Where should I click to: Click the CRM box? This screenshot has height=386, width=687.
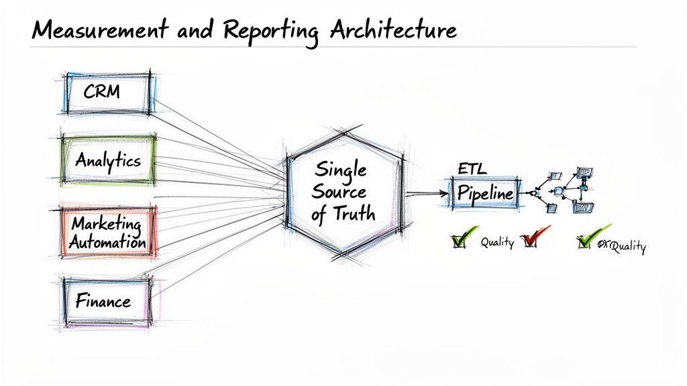pyautogui.click(x=107, y=92)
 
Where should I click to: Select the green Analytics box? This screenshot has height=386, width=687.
pyautogui.click(x=108, y=160)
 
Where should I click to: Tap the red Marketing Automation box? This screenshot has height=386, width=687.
pyautogui.click(x=108, y=231)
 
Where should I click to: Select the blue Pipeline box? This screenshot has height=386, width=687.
pyautogui.click(x=484, y=194)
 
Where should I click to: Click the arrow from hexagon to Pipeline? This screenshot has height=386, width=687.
pyautogui.click(x=427, y=194)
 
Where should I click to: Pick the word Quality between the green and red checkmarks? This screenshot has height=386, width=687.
pyautogui.click(x=497, y=243)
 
